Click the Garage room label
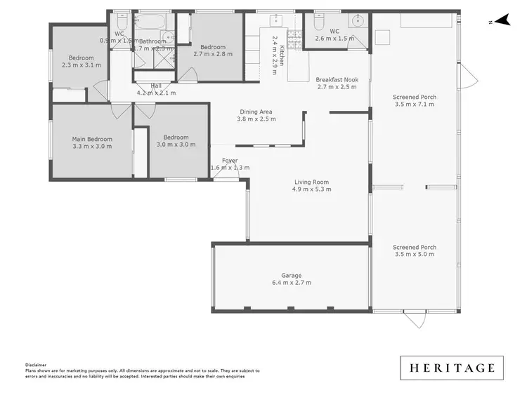292,276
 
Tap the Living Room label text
311,182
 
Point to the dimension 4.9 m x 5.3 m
311,189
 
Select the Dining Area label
256,112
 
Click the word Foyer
229,161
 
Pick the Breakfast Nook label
337,80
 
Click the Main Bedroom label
92,139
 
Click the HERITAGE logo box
452,368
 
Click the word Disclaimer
36,365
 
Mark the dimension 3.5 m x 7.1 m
415,104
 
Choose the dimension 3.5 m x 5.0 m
415,255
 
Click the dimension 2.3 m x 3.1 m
81,65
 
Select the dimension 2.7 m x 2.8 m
212,53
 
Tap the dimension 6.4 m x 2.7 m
292,283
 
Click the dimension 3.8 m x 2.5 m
256,119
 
